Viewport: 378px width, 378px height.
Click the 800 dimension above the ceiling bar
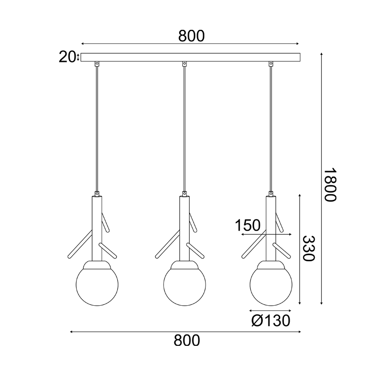coord(191,36)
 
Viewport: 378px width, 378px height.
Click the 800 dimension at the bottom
coord(187,341)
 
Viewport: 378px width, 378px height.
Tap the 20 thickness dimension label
coord(67,57)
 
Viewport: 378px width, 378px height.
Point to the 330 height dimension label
coord(309,249)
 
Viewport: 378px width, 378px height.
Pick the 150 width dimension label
coord(248,225)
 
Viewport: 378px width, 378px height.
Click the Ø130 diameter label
coord(271,321)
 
